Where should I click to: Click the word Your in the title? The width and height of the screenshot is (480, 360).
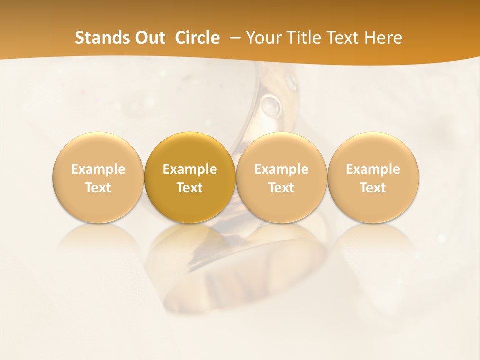264,38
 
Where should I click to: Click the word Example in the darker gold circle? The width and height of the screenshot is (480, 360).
190,169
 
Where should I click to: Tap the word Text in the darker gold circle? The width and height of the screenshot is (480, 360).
190,188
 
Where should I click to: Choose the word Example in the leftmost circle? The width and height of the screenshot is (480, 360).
98,169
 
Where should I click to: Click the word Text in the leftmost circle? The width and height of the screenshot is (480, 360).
98,188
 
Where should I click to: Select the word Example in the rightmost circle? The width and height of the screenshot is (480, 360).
373,169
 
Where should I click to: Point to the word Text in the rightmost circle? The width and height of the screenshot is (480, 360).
373,188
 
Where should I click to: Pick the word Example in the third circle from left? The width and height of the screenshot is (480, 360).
282,169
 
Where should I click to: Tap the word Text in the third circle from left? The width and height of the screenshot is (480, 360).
282,188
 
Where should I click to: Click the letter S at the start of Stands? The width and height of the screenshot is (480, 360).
79,38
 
